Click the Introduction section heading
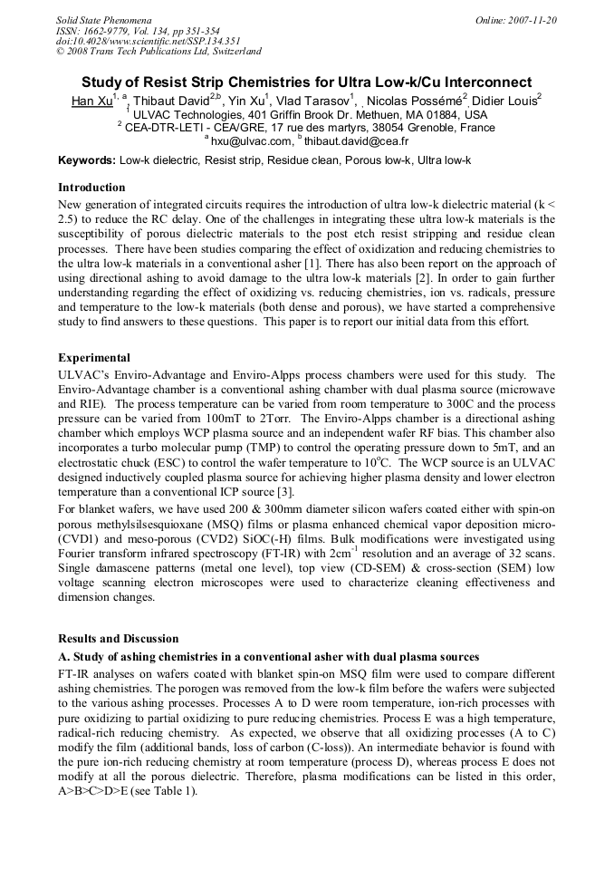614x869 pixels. pos(91,188)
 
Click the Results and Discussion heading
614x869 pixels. pos(119,639)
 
